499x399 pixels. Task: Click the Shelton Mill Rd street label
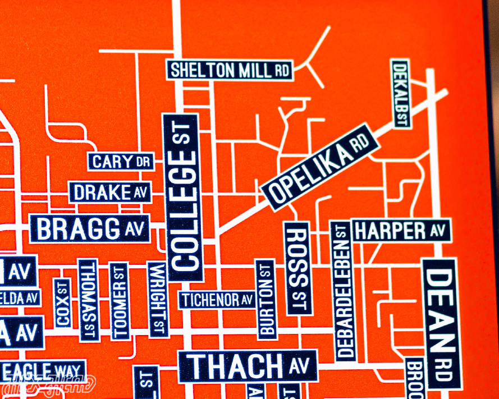[x=230, y=70]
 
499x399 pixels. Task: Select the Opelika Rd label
[x=321, y=167]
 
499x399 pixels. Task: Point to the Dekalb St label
[x=400, y=94]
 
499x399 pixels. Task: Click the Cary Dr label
[x=121, y=162]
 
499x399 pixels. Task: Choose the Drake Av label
[x=110, y=192]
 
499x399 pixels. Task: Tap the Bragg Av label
[x=90, y=228]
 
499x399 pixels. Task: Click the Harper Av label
[x=401, y=230]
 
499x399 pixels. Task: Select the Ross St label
[x=298, y=268]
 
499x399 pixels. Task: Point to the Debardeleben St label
[x=344, y=291]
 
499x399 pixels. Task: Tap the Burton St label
[x=267, y=299]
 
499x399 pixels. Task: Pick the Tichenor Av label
[x=217, y=300]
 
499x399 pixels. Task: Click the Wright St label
[x=157, y=300]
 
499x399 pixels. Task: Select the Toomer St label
[x=119, y=301]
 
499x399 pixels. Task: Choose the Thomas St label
[x=88, y=300]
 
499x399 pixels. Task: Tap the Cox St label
[x=63, y=303]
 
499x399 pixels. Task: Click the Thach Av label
[x=248, y=366]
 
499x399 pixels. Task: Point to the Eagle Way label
[x=43, y=371]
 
